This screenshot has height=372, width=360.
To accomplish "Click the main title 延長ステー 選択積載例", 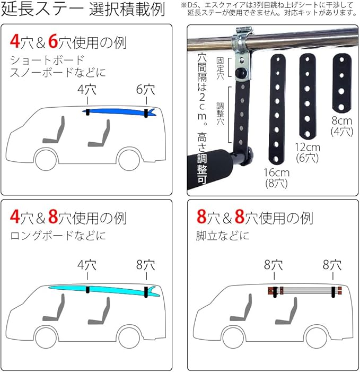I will [x=83, y=11].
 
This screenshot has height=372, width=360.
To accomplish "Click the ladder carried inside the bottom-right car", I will [x=304, y=290].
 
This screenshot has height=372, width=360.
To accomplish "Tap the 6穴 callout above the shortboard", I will [x=145, y=89].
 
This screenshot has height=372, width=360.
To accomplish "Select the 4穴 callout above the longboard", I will [x=86, y=264].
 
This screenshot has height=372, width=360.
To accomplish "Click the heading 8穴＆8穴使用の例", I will [x=254, y=218].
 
